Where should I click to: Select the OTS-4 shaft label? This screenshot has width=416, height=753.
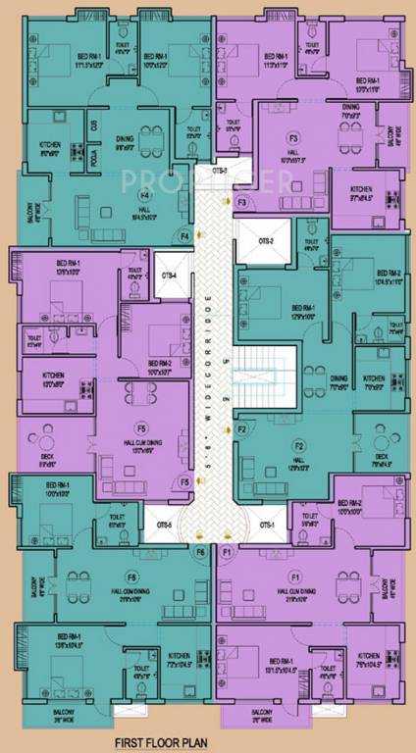(x=169, y=276)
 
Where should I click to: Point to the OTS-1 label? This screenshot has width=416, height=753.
(x=267, y=525)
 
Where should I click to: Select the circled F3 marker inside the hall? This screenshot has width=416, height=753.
(x=292, y=139)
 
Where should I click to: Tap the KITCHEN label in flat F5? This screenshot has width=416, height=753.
(x=53, y=376)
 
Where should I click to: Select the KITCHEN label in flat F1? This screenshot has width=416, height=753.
(x=370, y=656)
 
